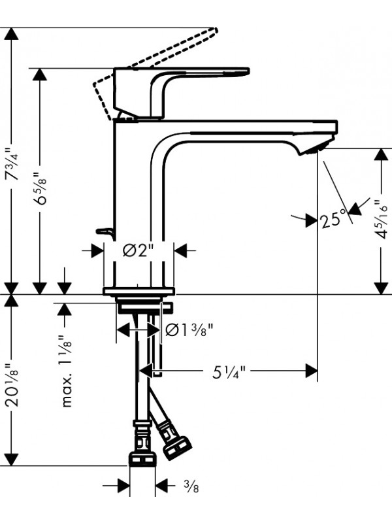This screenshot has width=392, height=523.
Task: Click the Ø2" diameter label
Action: pyautogui.click(x=139, y=250)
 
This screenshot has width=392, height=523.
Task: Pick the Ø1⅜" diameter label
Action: pyautogui.click(x=189, y=330)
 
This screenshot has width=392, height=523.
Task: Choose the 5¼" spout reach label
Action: pyautogui.click(x=229, y=371)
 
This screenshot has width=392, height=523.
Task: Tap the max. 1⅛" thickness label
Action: pyautogui.click(x=67, y=371)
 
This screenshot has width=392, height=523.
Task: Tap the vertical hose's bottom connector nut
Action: pyautogui.click(x=142, y=459)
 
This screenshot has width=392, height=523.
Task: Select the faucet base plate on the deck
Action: pyautogui.click(x=139, y=291)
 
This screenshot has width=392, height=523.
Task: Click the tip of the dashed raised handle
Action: pyautogui.click(x=216, y=30)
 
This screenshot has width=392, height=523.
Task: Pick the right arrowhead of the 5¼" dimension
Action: pyautogui.click(x=312, y=371)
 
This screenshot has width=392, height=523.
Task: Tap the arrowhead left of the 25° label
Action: pyautogui.click(x=312, y=220)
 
